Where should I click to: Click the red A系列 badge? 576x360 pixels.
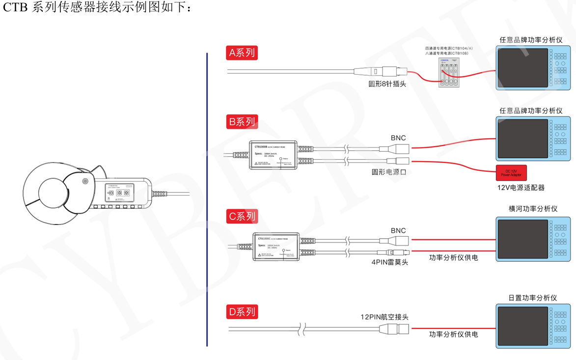coord(243,53)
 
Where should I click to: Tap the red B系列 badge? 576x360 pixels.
coord(243,122)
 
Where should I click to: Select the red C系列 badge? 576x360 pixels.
coord(243,216)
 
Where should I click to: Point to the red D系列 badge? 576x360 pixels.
coord(243,311)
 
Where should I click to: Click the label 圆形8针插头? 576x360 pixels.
coord(387,84)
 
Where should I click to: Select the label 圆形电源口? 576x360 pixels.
coord(389,172)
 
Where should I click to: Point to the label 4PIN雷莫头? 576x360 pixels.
coord(389,262)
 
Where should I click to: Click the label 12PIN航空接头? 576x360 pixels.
coord(384,317)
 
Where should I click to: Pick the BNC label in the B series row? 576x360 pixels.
coord(398,138)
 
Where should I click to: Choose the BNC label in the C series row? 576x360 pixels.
coord(398,230)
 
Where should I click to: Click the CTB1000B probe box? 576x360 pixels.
coord(275,155)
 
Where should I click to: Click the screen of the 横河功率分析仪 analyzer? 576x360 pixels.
coord(522,239)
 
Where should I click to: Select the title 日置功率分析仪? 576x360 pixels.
coord(533,298)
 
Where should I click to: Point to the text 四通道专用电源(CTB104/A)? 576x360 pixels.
coord(449,48)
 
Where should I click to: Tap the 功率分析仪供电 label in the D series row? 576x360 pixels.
coord(453,334)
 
